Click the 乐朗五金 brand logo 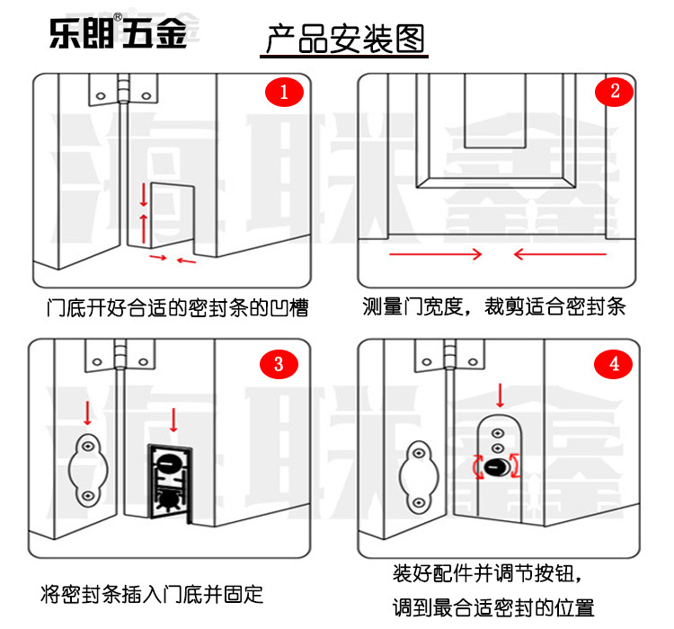(117, 33)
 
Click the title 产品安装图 (344, 40)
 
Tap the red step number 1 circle (285, 93)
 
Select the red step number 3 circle (279, 364)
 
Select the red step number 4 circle (615, 363)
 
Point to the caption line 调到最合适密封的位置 (493, 607)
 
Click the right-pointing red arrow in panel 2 (436, 254)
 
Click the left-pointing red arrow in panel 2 (559, 254)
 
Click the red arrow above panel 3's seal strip (173, 420)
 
